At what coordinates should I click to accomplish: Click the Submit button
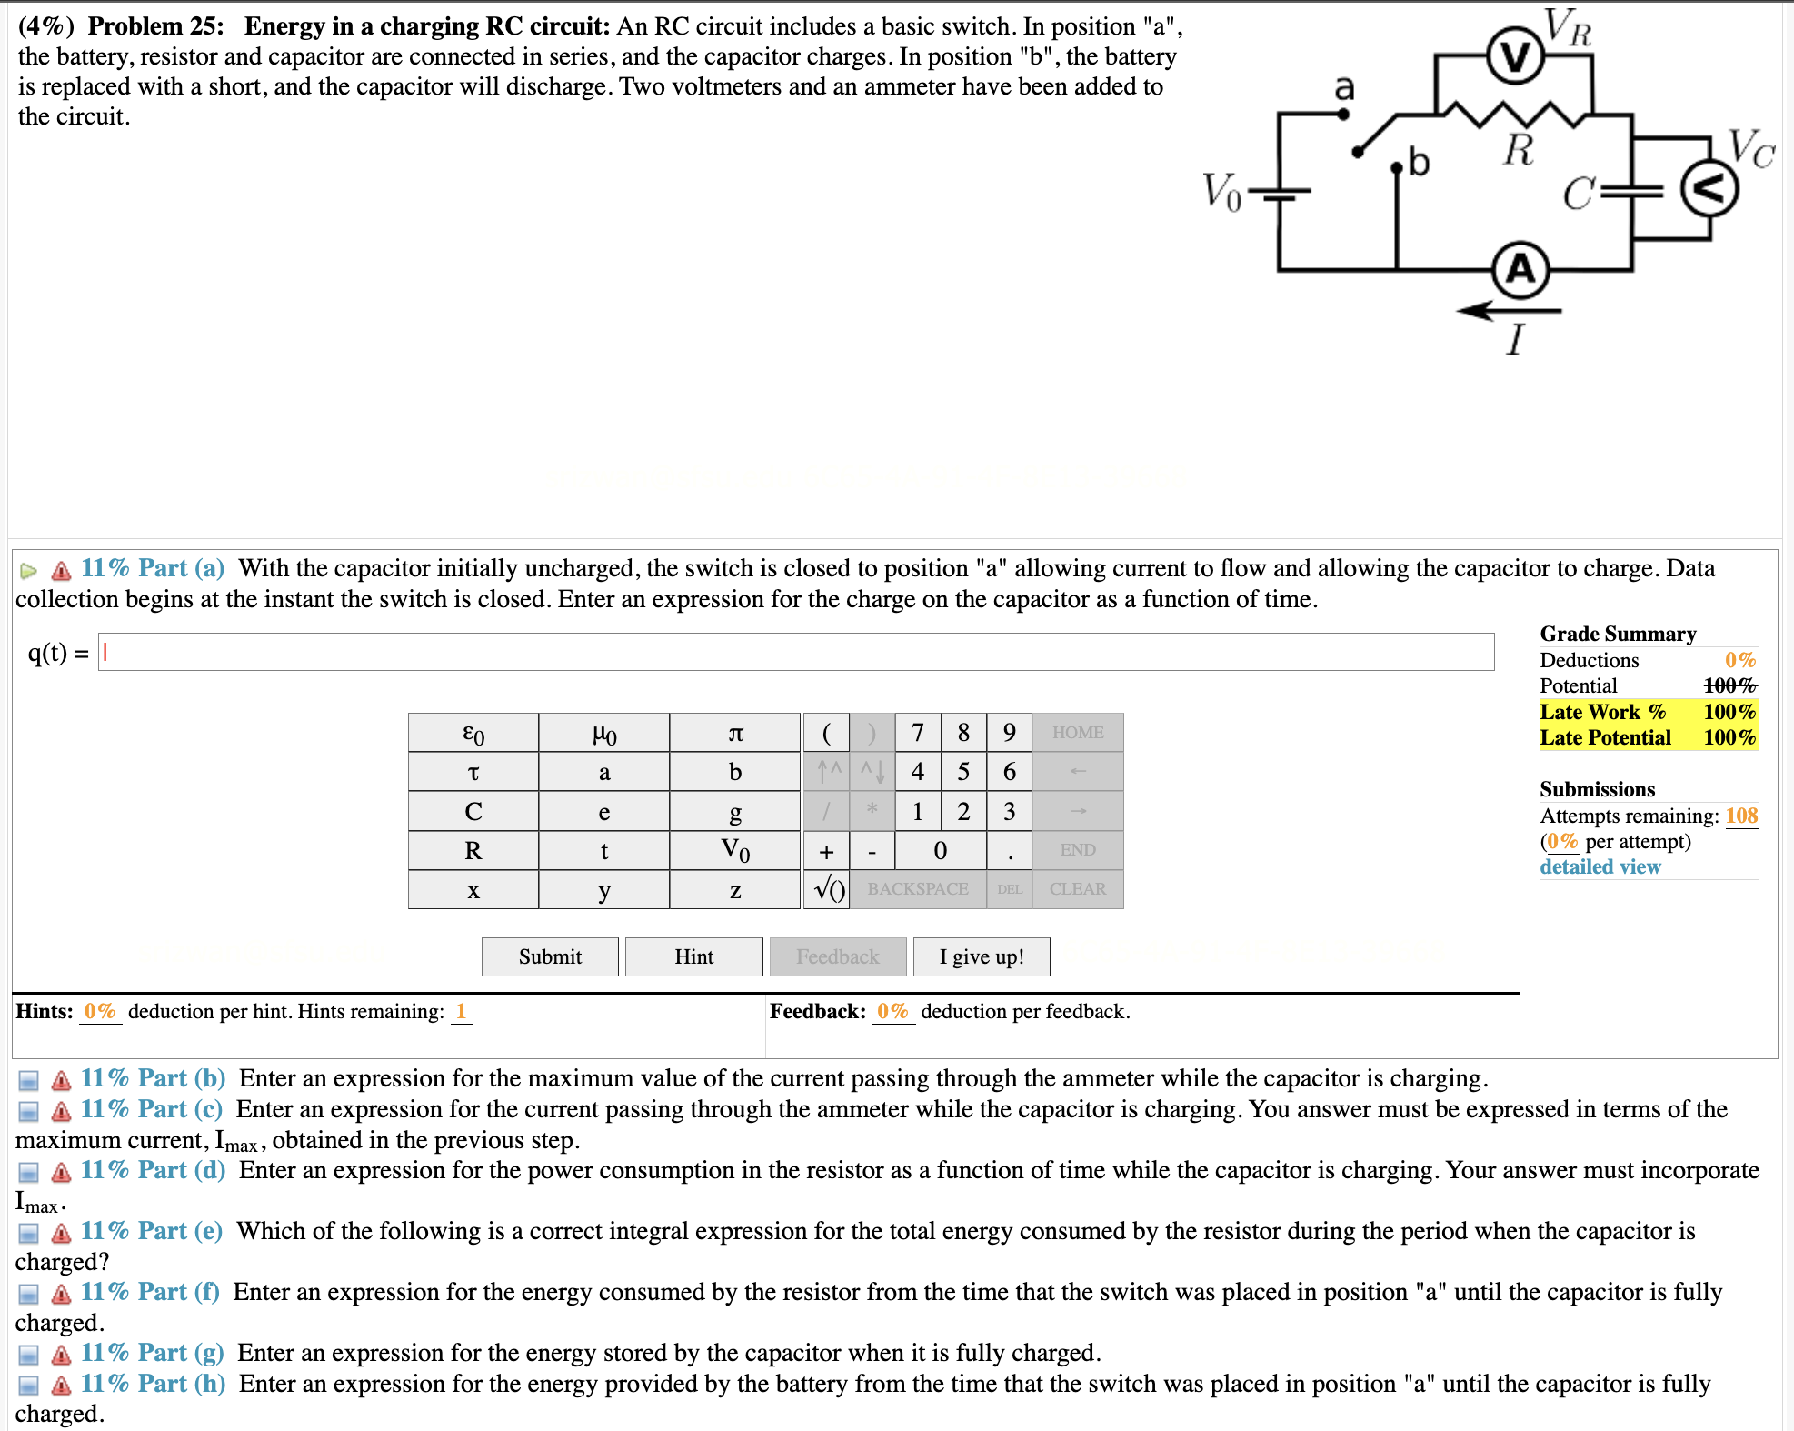(x=550, y=956)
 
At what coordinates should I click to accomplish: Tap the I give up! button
(x=981, y=956)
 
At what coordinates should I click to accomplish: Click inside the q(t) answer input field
(x=795, y=652)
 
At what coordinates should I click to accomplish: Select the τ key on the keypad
(x=473, y=772)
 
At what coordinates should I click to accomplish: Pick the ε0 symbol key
(x=473, y=733)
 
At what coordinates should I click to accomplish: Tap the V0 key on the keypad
(x=734, y=851)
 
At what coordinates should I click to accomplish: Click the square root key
(x=827, y=889)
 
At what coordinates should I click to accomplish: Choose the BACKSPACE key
(x=917, y=889)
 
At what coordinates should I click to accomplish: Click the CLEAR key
(x=1077, y=889)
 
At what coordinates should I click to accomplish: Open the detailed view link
(x=1600, y=866)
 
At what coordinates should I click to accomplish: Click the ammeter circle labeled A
(x=1520, y=270)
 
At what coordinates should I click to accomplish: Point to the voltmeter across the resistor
(x=1515, y=57)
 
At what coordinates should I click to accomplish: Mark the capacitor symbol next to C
(x=1631, y=191)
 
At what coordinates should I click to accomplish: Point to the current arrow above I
(x=1509, y=311)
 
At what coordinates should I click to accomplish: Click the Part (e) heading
(x=151, y=1231)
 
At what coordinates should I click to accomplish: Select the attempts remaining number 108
(x=1741, y=816)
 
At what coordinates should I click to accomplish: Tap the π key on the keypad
(x=734, y=733)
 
